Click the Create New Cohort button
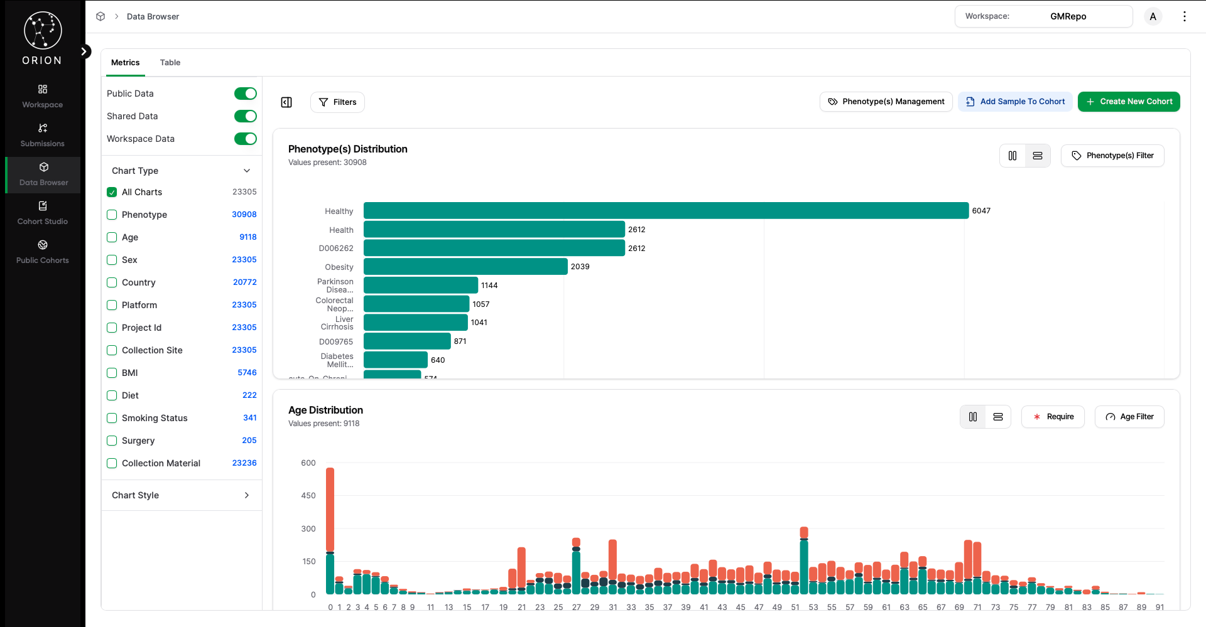point(1129,102)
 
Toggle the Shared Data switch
point(245,116)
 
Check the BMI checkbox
point(112,373)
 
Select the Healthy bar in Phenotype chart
point(666,211)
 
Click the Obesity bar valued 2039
point(465,267)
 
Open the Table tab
point(170,63)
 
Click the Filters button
point(337,102)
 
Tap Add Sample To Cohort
point(1016,102)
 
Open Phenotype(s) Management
point(886,102)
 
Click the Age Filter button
point(1129,417)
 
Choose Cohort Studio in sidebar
point(43,213)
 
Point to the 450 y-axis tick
point(308,496)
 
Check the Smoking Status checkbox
point(112,418)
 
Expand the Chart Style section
point(181,495)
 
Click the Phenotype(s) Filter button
point(1112,156)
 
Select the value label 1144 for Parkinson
point(489,286)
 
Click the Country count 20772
point(244,282)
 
